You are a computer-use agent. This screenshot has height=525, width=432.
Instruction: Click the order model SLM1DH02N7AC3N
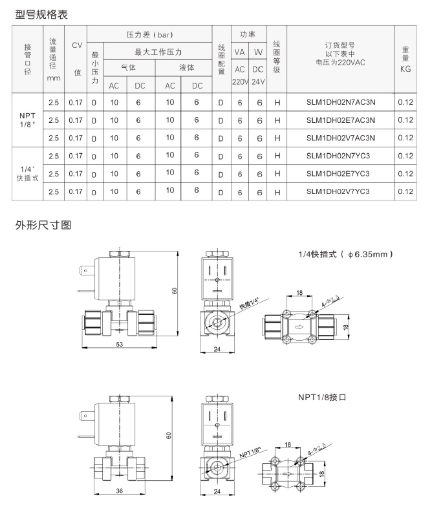tap(341, 102)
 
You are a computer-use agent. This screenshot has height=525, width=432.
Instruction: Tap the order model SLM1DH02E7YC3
tap(338, 173)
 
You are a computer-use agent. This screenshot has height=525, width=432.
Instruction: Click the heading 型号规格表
tap(41, 15)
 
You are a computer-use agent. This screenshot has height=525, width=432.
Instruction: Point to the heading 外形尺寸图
tap(43, 225)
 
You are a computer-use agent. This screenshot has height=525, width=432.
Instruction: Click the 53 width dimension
tap(120, 344)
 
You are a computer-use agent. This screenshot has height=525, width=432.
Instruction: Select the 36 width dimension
tap(120, 491)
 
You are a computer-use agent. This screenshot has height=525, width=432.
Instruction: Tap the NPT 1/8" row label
tap(27, 120)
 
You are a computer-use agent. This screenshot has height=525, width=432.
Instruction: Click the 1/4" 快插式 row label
tap(27, 174)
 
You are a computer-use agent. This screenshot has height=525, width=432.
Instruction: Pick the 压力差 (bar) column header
tap(149, 34)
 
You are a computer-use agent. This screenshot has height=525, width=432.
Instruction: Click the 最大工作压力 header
tap(158, 52)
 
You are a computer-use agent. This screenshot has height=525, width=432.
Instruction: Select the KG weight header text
tap(405, 69)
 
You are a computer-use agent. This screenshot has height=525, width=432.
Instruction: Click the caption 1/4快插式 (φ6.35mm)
tap(345, 254)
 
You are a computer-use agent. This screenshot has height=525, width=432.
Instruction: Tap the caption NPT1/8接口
tap(322, 398)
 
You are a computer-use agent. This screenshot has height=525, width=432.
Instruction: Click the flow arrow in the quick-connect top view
tap(299, 327)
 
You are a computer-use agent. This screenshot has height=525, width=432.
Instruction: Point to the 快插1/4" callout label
tap(250, 303)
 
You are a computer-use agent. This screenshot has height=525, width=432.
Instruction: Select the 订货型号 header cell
tap(340, 54)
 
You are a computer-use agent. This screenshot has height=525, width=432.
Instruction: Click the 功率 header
tap(248, 34)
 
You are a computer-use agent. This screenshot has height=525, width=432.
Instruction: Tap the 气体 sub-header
tap(129, 67)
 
